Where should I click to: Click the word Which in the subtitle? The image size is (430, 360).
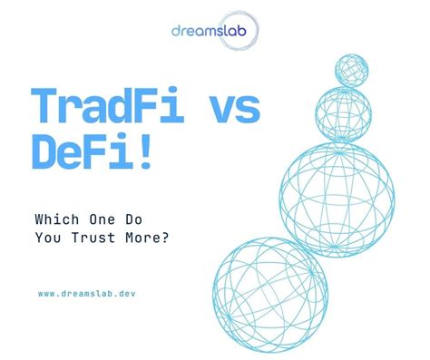(x=54, y=219)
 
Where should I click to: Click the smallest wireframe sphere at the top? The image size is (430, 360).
(x=351, y=70)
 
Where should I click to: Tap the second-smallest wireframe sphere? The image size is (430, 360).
(x=344, y=112)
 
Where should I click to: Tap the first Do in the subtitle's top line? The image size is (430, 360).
(x=140, y=219)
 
